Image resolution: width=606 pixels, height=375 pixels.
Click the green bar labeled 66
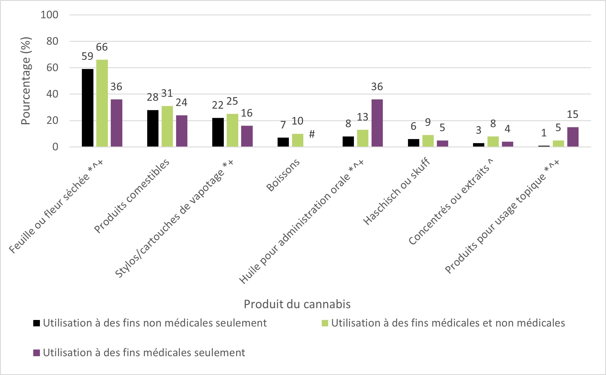(x=102, y=103)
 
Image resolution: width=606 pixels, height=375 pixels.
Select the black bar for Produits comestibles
(x=153, y=128)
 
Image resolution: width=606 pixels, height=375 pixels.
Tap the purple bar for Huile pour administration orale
(x=377, y=123)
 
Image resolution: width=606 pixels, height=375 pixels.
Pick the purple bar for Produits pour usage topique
(x=572, y=137)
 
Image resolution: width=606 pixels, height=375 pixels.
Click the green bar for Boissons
(x=298, y=140)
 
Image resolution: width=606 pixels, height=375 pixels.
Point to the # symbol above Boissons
(x=312, y=134)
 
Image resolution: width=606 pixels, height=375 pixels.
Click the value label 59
(x=87, y=56)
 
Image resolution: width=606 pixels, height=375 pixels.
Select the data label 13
(x=363, y=117)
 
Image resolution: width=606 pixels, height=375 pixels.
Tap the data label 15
(x=572, y=115)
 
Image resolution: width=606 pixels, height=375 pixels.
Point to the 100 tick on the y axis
(x=49, y=15)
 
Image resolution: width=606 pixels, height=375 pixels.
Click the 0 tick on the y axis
(x=55, y=147)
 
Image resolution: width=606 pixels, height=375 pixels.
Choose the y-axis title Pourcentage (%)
(x=26, y=81)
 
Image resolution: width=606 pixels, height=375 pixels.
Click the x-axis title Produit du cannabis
(x=297, y=304)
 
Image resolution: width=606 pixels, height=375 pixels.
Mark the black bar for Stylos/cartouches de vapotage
(x=218, y=132)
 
